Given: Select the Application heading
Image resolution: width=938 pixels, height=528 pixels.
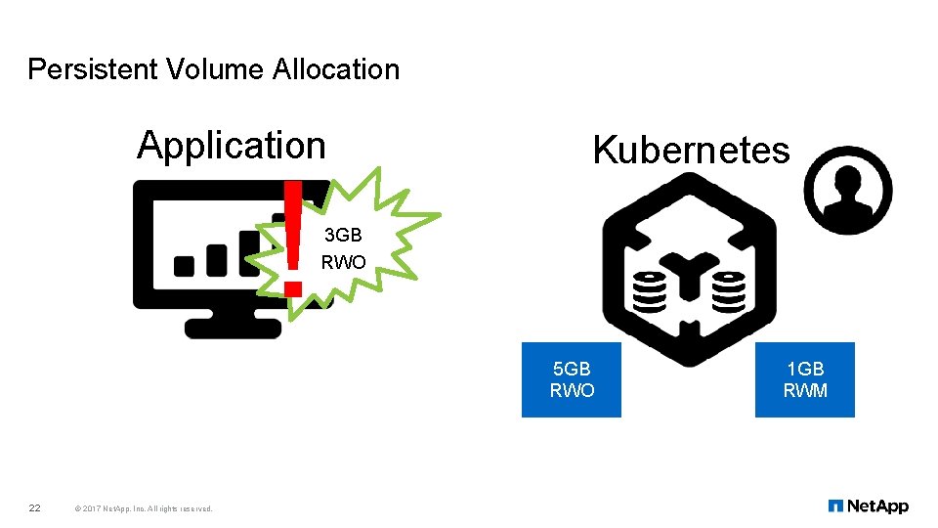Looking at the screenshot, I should (x=232, y=145).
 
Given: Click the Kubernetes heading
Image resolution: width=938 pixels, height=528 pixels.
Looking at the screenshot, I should (x=691, y=151).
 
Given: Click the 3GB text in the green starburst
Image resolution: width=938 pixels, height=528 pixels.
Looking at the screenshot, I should (x=343, y=237).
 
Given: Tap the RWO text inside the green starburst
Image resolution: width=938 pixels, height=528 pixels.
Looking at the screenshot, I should (x=343, y=262).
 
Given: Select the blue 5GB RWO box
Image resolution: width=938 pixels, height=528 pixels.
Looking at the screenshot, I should (x=572, y=380).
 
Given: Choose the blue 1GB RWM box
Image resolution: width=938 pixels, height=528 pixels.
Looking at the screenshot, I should (x=805, y=380).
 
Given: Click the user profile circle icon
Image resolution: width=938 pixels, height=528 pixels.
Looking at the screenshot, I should (x=848, y=191).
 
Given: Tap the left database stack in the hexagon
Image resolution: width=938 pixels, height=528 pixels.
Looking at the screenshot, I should (x=651, y=290).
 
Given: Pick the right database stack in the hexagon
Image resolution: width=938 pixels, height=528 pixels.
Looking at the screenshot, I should (x=729, y=290).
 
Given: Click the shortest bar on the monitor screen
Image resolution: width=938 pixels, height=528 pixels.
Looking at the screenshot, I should (x=184, y=265).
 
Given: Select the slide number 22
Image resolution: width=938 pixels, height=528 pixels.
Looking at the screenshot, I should (x=34, y=507).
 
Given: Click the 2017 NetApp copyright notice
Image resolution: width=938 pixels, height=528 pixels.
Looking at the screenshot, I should (x=144, y=508).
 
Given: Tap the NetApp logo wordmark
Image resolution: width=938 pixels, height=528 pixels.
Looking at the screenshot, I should (x=877, y=506).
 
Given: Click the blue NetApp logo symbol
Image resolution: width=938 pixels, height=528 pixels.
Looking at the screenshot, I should (x=835, y=506).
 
